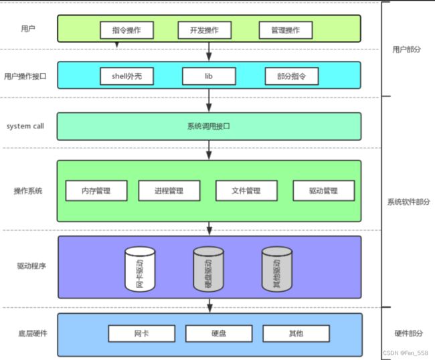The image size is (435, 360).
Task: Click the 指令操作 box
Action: click(x=126, y=30)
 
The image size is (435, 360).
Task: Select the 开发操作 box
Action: click(x=205, y=30)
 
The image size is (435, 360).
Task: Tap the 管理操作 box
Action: click(x=286, y=30)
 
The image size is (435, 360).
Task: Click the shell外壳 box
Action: click(x=126, y=76)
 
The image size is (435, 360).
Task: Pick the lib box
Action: click(x=209, y=76)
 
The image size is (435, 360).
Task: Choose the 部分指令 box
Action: click(x=292, y=76)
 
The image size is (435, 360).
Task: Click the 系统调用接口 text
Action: click(x=209, y=126)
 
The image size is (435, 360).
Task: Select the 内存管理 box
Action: click(x=96, y=191)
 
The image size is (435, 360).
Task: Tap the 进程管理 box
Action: click(x=169, y=191)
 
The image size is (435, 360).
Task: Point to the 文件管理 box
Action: click(x=246, y=191)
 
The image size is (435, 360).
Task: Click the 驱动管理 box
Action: click(x=324, y=191)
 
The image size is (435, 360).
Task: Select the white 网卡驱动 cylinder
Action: click(x=140, y=269)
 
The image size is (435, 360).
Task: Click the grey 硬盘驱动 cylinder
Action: click(x=208, y=269)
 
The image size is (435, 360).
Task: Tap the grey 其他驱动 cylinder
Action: click(x=277, y=269)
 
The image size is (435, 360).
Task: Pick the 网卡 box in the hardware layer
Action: click(x=142, y=333)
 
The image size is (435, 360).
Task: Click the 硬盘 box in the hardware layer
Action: click(x=219, y=333)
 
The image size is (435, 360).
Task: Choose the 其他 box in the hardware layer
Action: click(x=296, y=333)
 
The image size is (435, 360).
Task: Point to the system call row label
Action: click(x=25, y=126)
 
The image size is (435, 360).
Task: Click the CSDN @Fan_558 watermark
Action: click(x=406, y=353)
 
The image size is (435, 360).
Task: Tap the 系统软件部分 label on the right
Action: click(x=408, y=201)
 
